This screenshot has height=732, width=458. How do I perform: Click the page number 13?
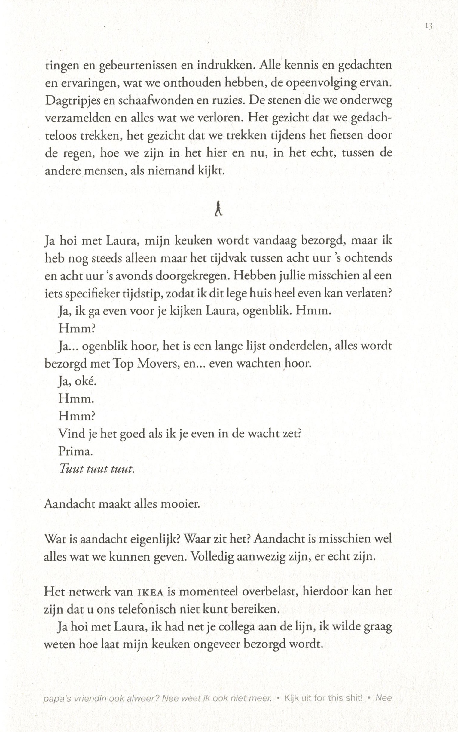coord(429,26)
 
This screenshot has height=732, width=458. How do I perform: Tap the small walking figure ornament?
coord(218,208)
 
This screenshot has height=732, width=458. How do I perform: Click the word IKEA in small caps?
coord(151,592)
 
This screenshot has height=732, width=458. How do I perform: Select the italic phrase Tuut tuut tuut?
coord(96,469)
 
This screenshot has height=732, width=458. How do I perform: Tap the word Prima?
coord(75,452)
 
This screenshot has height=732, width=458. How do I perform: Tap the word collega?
coord(237,627)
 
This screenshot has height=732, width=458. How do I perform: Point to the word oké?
coord(85,381)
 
